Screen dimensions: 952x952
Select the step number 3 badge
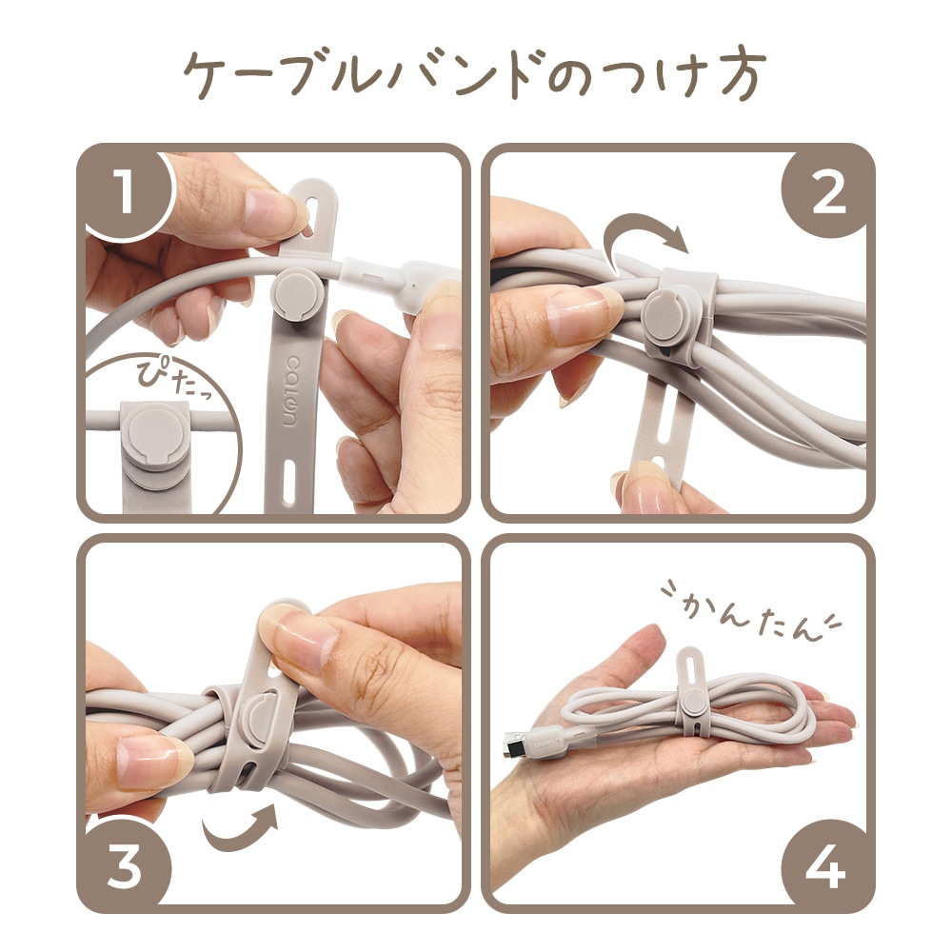tap(125, 865)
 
